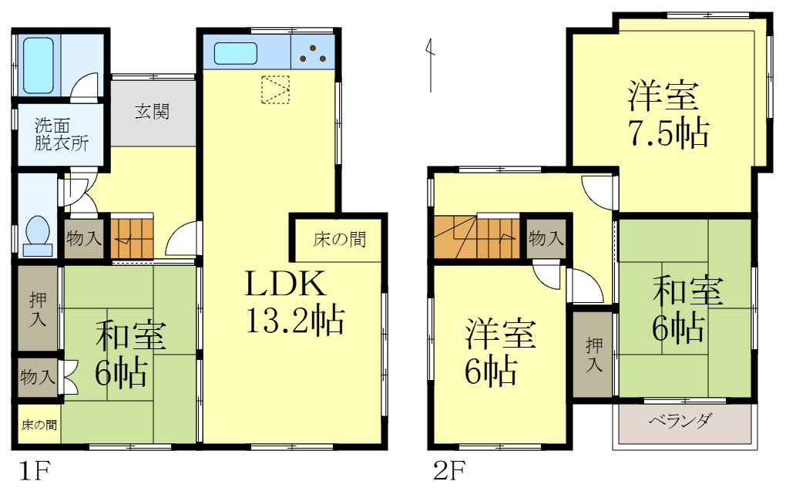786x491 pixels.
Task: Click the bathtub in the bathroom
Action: coord(39,64)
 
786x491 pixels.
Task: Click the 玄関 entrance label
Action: coord(153,112)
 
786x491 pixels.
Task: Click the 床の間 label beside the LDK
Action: coord(339,240)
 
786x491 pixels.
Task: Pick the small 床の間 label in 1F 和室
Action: coord(38,425)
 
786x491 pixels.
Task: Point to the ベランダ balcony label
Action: coord(680,422)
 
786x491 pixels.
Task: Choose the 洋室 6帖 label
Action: coord(501,355)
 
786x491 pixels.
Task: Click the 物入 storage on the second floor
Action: coord(546,238)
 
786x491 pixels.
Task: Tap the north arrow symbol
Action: coord(429,66)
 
